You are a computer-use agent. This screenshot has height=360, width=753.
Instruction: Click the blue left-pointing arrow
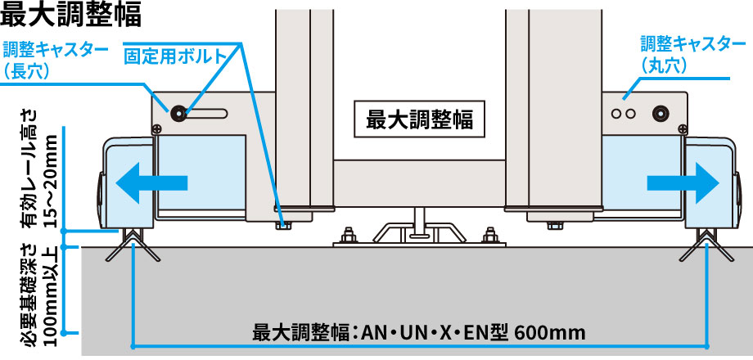tap(151, 182)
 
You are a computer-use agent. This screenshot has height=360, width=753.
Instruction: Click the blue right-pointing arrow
tap(683, 182)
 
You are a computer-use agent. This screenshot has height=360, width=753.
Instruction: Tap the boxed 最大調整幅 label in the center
tap(420, 119)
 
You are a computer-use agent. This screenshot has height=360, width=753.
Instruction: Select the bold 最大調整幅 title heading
tap(71, 15)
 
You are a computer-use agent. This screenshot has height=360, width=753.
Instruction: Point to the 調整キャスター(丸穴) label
tap(692, 53)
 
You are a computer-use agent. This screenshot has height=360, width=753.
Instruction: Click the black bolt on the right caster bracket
tap(661, 113)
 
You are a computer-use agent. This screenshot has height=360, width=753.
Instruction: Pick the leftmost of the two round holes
tap(616, 114)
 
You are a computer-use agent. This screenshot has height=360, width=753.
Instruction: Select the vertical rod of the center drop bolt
tap(420, 220)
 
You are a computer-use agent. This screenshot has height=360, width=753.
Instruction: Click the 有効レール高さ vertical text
tap(29, 168)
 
